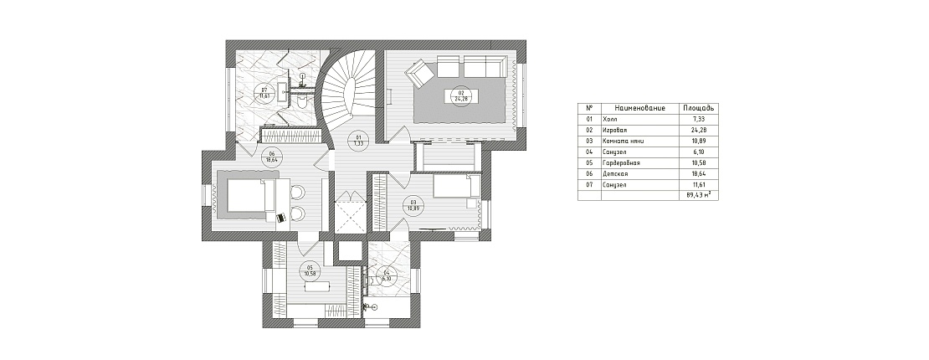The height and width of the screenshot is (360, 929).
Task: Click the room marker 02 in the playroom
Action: point(459,95)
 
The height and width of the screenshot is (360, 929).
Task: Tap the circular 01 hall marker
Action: point(358,140)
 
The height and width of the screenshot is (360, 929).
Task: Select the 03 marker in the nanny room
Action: point(413,203)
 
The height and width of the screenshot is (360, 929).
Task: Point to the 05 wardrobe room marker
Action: point(310,270)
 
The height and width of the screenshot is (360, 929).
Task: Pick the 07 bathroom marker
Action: point(264,93)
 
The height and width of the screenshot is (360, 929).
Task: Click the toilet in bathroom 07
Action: point(301,100)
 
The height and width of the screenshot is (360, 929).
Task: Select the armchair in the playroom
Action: point(418,76)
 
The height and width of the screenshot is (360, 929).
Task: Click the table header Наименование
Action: point(639,109)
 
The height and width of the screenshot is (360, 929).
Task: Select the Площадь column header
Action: point(698,109)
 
